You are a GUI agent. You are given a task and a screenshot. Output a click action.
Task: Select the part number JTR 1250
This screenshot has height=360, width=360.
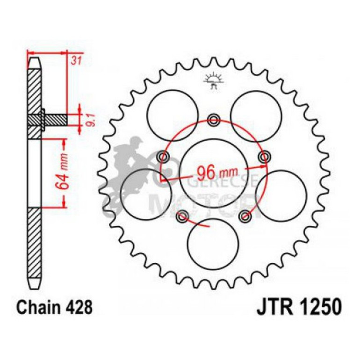(299, 309)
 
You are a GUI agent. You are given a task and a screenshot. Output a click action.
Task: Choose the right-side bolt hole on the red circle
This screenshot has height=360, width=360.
(266, 156)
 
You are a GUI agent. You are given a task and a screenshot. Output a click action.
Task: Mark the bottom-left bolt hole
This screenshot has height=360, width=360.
(182, 215)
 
